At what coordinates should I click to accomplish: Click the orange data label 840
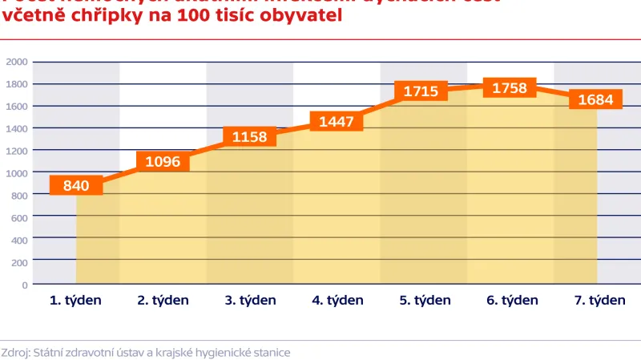tap(76, 186)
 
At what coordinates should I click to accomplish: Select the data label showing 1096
tap(163, 161)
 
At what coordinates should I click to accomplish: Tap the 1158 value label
tap(250, 137)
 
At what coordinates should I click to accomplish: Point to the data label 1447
tap(337, 122)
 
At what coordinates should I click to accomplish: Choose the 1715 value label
tap(421, 91)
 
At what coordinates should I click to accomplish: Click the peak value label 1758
tap(510, 88)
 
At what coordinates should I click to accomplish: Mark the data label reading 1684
tap(595, 100)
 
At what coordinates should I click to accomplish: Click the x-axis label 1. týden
tap(76, 301)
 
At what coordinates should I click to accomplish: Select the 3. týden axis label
tap(250, 301)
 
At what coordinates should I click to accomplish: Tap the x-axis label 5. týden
tap(425, 301)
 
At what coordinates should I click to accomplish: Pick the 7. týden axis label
tap(599, 301)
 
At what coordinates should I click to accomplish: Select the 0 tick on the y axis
tap(25, 284)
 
